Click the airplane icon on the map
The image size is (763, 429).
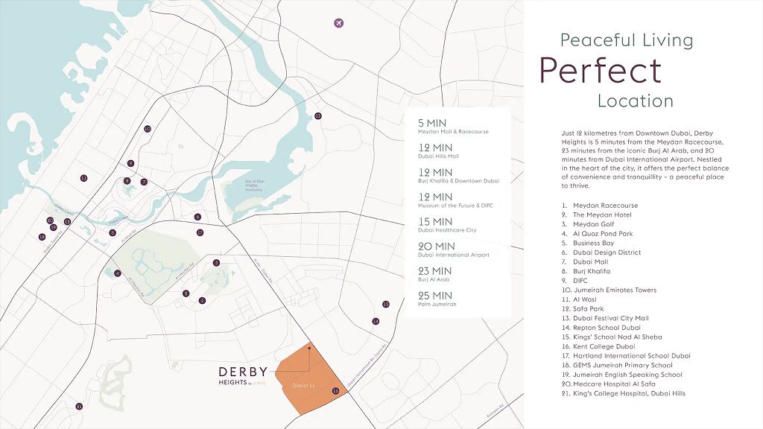tap(339, 22)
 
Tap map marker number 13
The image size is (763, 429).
tap(317, 115)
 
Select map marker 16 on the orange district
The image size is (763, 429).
tap(335, 390)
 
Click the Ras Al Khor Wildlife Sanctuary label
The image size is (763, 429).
tap(256, 185)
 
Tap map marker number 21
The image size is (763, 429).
tap(79, 406)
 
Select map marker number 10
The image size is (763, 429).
tap(148, 129)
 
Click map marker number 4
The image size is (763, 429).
tap(118, 273)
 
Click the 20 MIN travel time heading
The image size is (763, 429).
tap(436, 246)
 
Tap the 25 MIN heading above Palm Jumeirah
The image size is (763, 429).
tap(436, 295)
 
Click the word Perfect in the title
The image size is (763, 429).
tap(600, 70)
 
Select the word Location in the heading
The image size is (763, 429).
tap(635, 101)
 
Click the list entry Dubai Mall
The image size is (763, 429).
tap(592, 262)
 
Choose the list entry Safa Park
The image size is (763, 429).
tap(588, 309)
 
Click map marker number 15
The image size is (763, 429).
tap(385, 304)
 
